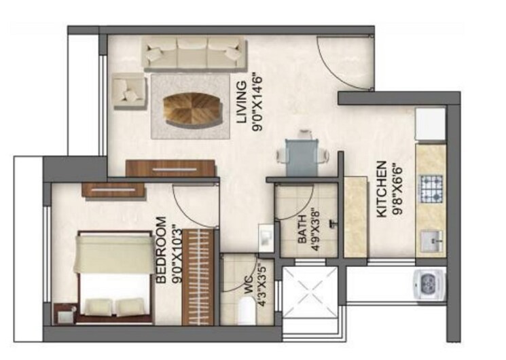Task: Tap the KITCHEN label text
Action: click(382, 189)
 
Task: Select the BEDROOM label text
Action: click(162, 251)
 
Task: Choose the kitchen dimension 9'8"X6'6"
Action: click(396, 189)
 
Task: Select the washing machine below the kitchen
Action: click(430, 284)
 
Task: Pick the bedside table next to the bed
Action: click(64, 313)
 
